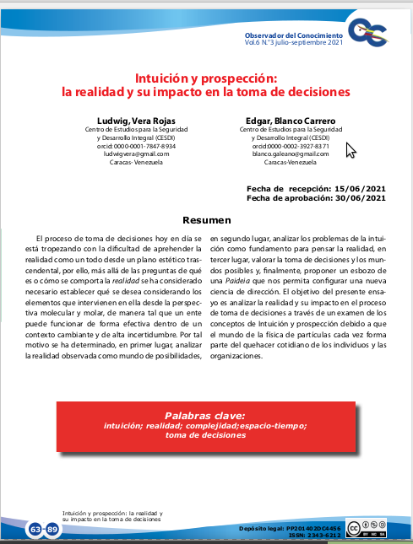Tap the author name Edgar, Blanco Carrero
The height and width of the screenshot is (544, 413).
click(278, 120)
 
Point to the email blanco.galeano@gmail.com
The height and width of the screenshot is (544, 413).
click(278, 154)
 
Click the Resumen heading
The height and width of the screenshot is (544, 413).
click(206, 220)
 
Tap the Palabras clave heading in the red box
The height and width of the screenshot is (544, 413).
click(205, 415)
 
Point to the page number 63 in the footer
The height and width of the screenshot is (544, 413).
click(35, 529)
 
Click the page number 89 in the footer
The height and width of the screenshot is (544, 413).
click(52, 529)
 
